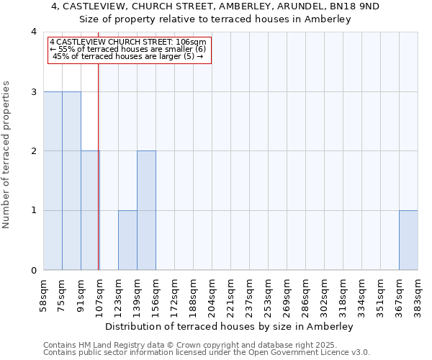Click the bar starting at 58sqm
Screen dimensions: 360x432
click(x=53, y=181)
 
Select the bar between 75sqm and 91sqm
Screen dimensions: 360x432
click(x=71, y=181)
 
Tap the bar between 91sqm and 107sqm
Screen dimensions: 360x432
click(x=90, y=210)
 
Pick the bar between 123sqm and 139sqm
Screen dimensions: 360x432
click(x=127, y=240)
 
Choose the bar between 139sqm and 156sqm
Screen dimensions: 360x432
click(x=146, y=210)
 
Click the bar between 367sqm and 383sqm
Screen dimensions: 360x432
click(x=408, y=240)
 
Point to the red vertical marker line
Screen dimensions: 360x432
click(x=99, y=158)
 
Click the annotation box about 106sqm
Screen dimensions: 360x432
click(x=130, y=50)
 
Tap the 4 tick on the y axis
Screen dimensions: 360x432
click(x=34, y=32)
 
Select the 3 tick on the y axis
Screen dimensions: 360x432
click(x=34, y=91)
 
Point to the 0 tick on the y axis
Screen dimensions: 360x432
click(x=34, y=270)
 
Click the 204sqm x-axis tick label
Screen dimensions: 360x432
click(x=212, y=292)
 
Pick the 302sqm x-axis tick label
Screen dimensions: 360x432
click(x=324, y=292)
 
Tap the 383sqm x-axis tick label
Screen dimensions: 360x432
click(x=418, y=292)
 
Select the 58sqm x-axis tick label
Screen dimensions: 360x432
click(x=43, y=292)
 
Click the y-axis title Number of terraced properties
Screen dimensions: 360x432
click(x=7, y=154)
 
